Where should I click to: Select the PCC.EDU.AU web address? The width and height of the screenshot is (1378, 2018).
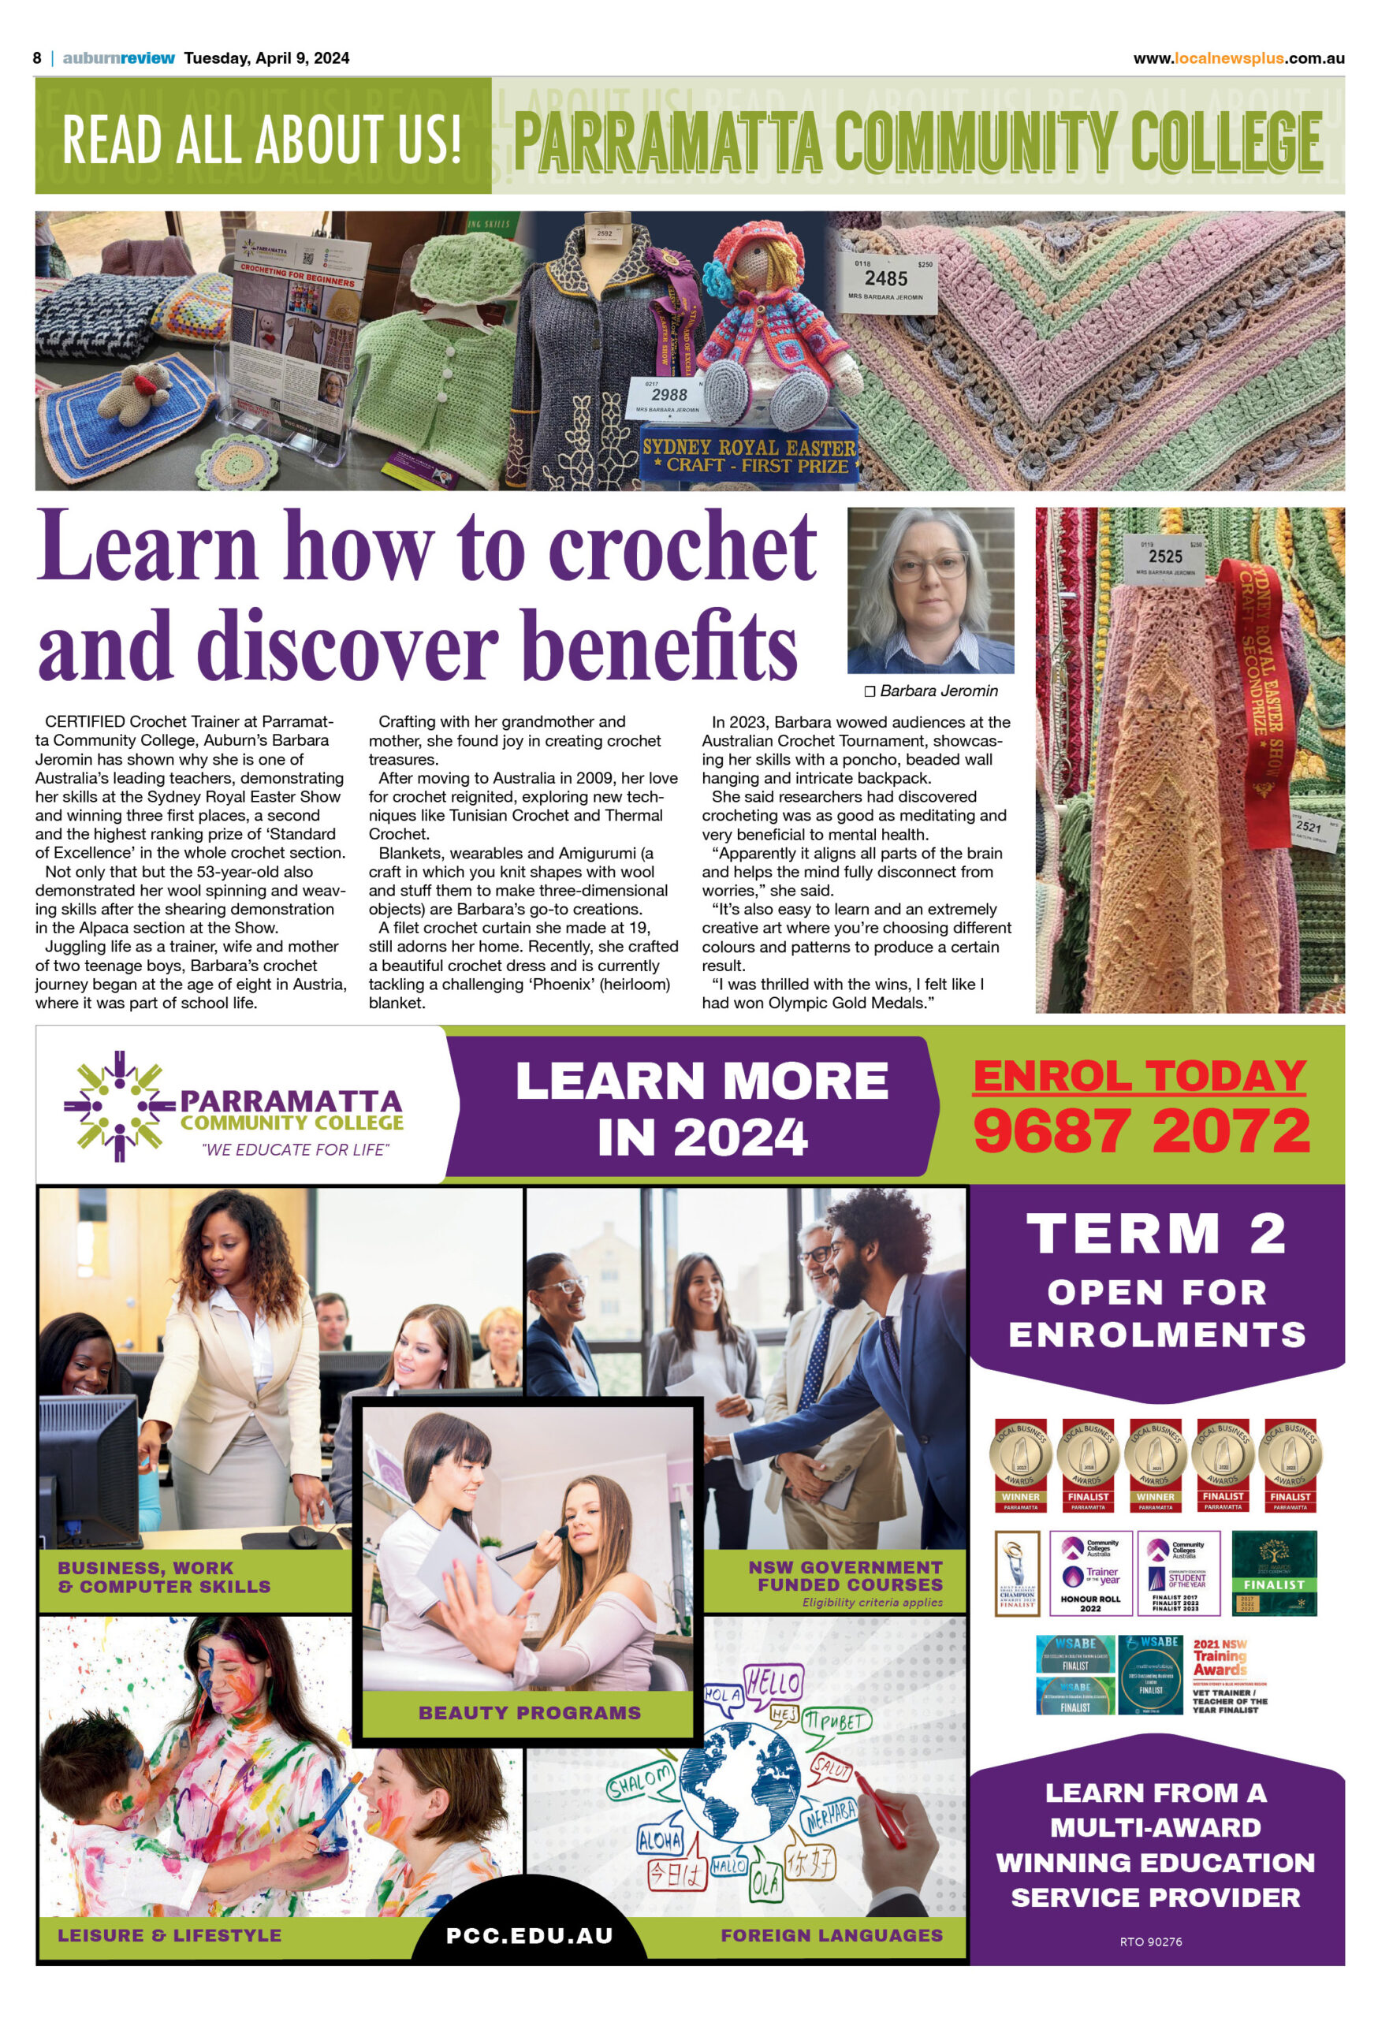529,1935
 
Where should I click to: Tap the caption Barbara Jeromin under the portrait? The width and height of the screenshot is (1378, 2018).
931,691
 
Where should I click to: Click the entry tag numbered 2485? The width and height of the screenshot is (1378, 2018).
885,280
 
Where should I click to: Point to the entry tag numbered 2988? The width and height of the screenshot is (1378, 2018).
669,396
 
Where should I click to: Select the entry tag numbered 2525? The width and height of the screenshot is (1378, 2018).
1164,557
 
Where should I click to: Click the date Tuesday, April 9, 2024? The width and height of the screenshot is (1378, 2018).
266,58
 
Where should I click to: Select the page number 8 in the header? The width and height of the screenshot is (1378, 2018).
37,58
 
